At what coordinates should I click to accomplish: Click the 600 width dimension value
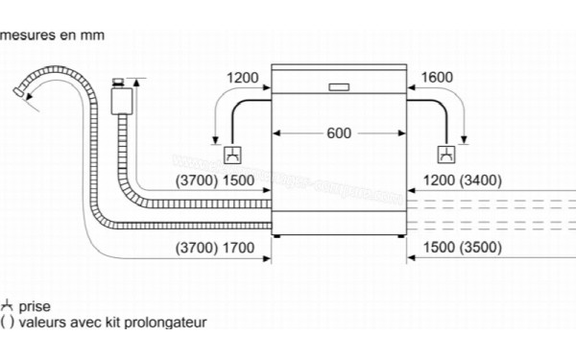339,133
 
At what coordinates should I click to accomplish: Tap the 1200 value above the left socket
244,77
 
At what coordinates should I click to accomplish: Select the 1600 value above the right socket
436,77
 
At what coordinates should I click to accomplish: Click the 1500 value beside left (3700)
238,180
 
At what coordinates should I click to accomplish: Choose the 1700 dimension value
238,249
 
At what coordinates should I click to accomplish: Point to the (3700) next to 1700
197,249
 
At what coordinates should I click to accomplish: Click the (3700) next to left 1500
197,180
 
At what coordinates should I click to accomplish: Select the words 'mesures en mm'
52,36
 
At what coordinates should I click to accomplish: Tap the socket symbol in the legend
8,306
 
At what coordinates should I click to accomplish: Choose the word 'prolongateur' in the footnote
167,324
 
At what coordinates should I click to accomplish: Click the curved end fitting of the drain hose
18,91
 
